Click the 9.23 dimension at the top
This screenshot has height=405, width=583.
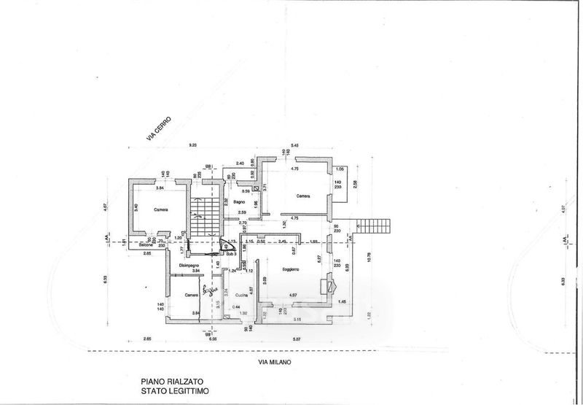click(194, 146)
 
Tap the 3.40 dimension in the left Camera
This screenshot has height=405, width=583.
click(136, 206)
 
